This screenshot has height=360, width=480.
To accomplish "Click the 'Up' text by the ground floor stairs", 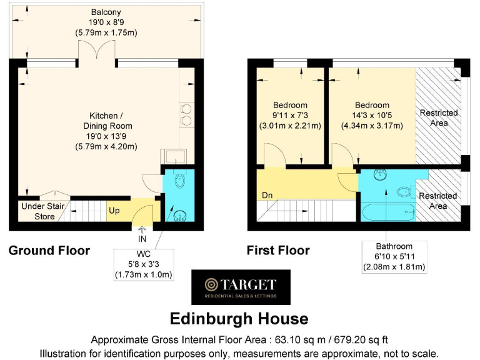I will (x=114, y=211).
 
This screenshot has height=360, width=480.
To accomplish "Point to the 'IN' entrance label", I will (x=142, y=239).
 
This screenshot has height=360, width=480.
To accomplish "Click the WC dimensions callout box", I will (x=143, y=264).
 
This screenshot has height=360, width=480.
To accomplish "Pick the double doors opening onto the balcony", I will (x=96, y=52).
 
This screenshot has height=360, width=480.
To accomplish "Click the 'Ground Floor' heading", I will (x=49, y=251).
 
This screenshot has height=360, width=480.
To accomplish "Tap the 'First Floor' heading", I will (x=278, y=251).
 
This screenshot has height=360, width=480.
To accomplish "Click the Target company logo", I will (x=241, y=287).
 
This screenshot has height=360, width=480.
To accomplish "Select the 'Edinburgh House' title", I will (x=240, y=319).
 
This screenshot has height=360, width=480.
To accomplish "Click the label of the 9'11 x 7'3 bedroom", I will (x=290, y=115).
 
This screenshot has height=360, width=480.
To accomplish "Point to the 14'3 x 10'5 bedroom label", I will (x=372, y=115).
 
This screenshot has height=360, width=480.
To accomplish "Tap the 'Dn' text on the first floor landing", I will (x=268, y=196).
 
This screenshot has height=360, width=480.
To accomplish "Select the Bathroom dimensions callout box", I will (x=394, y=257).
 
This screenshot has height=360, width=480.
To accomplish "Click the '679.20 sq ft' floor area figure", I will (x=351, y=340).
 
